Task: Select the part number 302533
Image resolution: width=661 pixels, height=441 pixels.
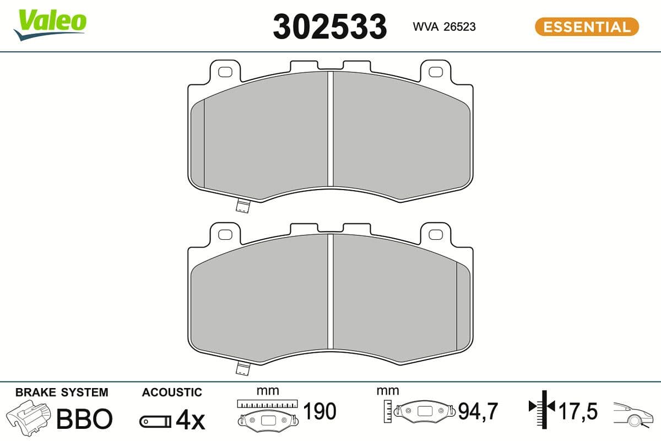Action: coord(330,26)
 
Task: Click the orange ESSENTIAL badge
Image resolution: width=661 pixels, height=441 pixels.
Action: coord(587,26)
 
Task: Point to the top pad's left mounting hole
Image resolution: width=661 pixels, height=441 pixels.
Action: coord(225,72)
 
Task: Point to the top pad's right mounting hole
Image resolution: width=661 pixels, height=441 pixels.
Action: coord(436,72)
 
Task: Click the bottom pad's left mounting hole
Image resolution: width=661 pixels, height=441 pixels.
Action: coord(225,234)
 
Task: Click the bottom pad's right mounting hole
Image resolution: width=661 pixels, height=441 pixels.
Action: coord(436,234)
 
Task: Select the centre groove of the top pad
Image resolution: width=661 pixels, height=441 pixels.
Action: coord(330,130)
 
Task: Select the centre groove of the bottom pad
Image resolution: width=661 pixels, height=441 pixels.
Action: coord(330,292)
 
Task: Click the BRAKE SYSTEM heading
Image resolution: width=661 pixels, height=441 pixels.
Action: coord(62,392)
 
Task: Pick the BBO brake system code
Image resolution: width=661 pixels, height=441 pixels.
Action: coord(84,420)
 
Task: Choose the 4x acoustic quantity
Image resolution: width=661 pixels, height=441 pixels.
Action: coord(189,421)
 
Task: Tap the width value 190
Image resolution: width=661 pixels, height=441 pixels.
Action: coord(319,411)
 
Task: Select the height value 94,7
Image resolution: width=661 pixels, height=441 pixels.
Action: coord(478,411)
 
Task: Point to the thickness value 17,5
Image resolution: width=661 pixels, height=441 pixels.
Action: coord(578,411)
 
